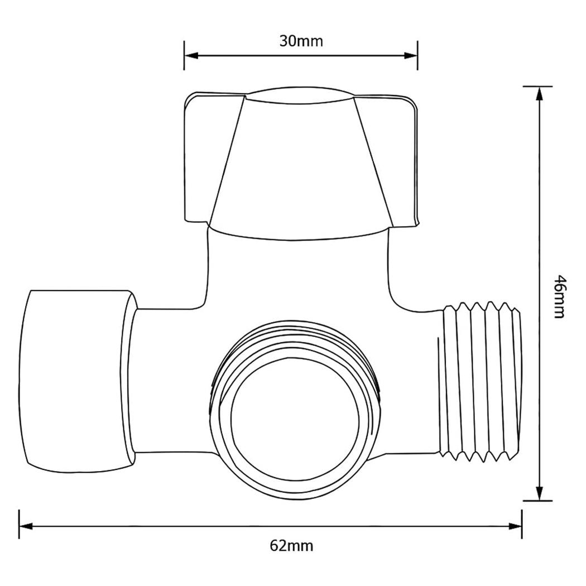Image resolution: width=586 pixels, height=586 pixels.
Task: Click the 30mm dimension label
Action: point(300,41)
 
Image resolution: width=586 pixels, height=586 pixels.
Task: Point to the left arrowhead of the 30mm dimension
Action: point(191,55)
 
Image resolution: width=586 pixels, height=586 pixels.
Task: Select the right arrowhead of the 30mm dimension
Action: point(410,55)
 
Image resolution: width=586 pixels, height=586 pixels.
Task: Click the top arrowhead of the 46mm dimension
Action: point(539,94)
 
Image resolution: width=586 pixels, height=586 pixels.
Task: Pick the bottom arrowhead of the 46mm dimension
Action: point(539,493)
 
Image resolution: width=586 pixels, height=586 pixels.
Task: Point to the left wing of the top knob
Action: point(209,162)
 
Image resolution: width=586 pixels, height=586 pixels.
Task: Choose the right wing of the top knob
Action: point(391,162)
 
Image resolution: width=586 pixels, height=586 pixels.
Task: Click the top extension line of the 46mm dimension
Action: point(537,87)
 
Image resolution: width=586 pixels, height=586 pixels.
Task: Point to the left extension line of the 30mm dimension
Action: point(184,56)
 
